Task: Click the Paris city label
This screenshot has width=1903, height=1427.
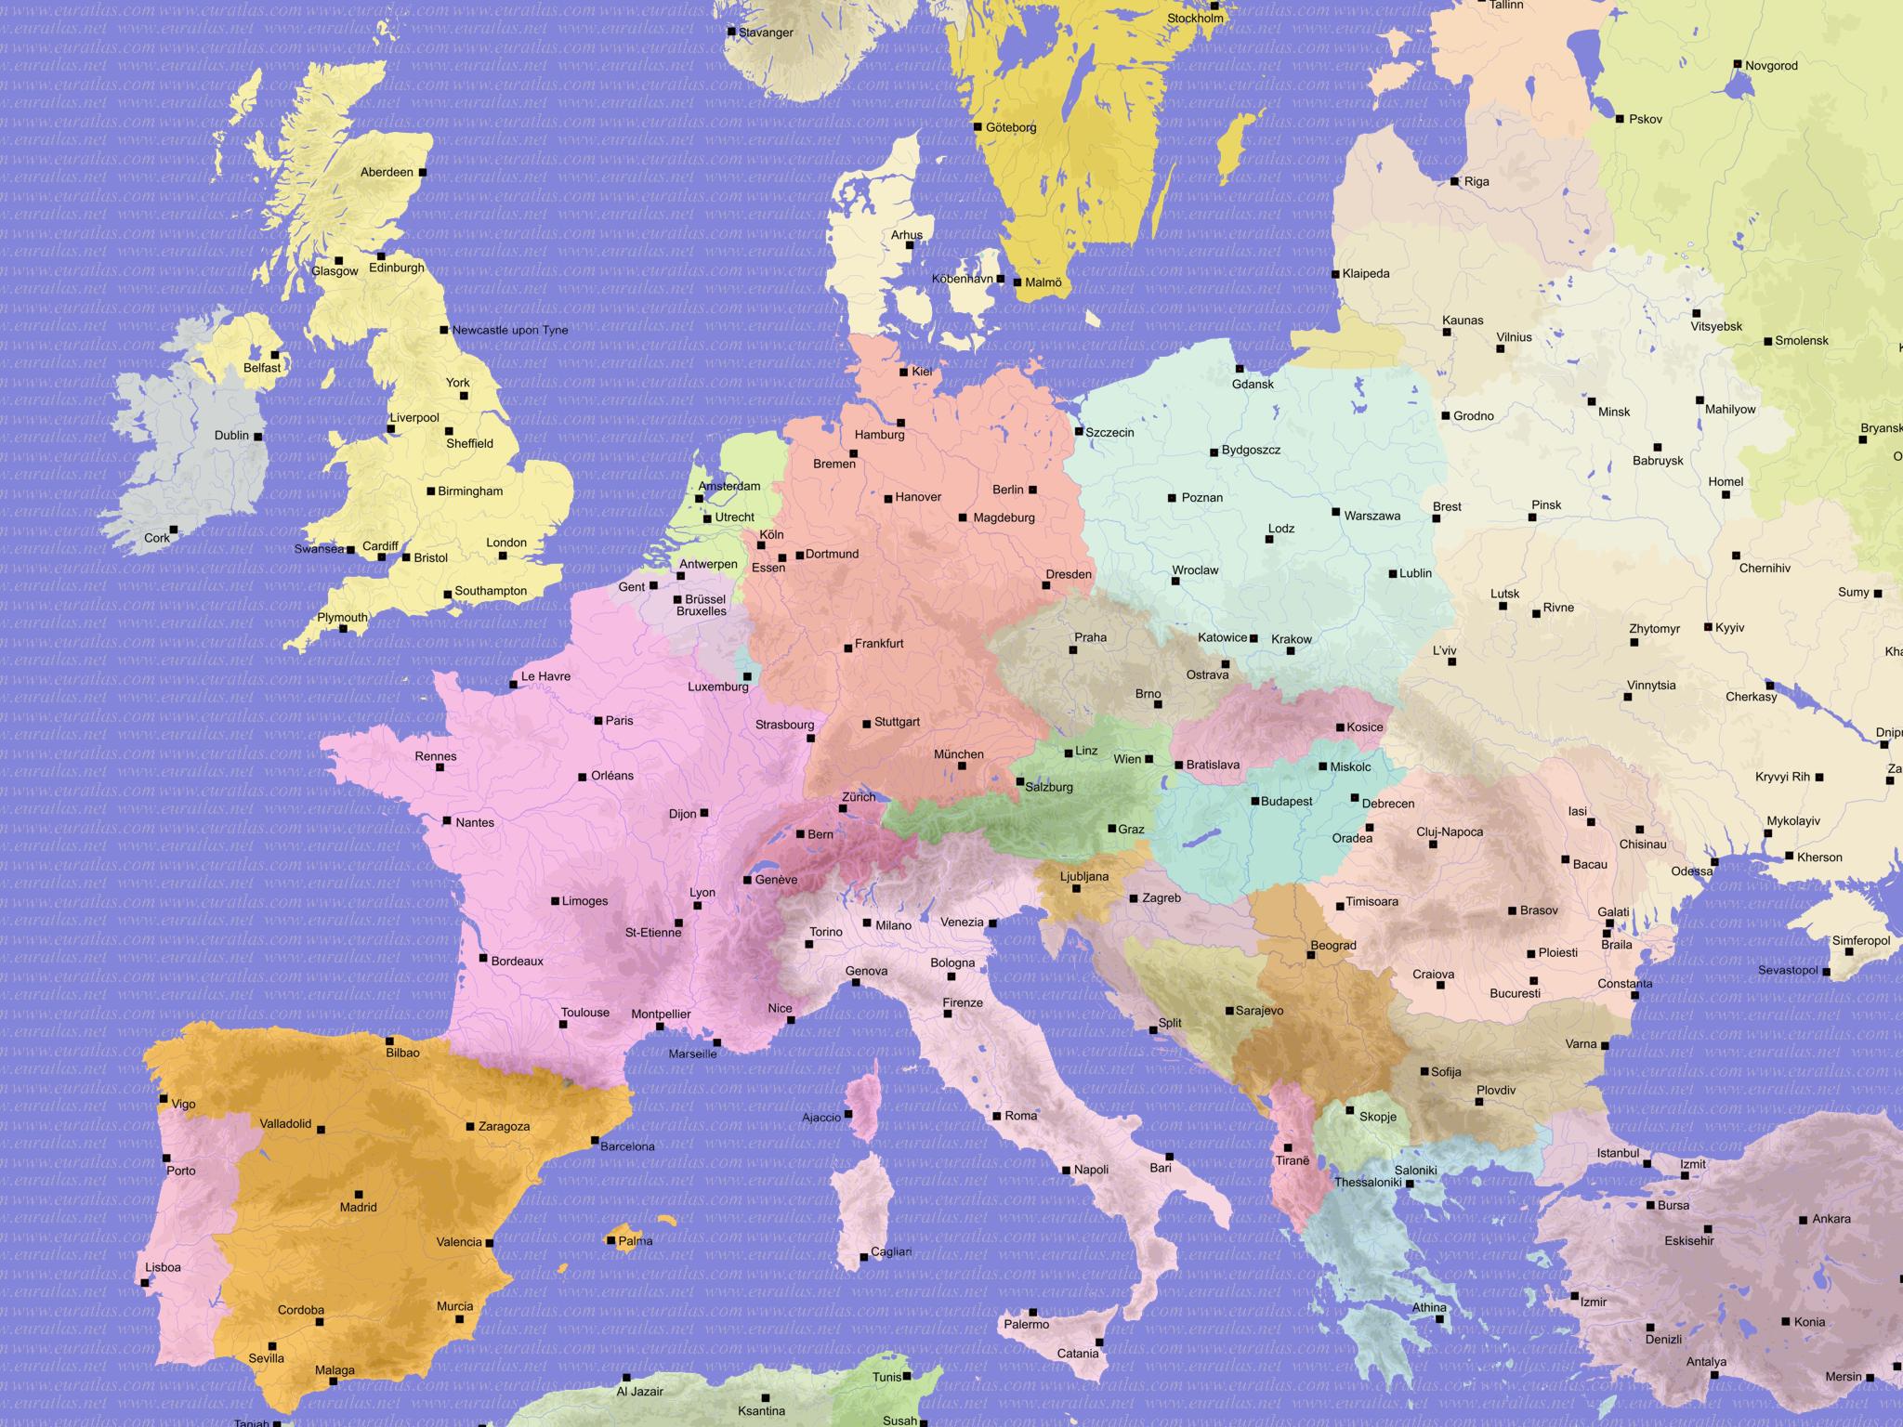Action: tap(619, 721)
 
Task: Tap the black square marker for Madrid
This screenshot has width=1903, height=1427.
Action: tap(359, 1195)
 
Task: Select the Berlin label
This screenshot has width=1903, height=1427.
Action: tap(1007, 490)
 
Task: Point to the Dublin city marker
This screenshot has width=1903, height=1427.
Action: tap(257, 437)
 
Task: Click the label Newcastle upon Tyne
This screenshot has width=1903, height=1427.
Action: tap(510, 330)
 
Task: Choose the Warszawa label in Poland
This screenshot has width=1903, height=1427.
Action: tap(1371, 516)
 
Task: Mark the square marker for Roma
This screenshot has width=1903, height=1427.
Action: tap(997, 1116)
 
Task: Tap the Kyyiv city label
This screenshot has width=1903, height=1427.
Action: tap(1729, 628)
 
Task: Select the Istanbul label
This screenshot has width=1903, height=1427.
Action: tap(1618, 1153)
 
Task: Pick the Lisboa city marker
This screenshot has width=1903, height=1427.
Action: tap(145, 1283)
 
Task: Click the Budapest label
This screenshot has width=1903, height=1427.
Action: tap(1286, 801)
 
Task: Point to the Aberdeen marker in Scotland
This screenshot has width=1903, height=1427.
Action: tap(423, 172)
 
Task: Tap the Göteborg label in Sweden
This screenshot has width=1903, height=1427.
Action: tap(1011, 127)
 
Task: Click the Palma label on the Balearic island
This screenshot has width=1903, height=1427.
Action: tap(636, 1241)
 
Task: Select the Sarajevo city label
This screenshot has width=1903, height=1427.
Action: tap(1259, 1011)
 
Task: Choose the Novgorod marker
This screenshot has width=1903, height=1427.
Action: tap(1737, 64)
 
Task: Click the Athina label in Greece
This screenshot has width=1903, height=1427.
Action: tap(1429, 1307)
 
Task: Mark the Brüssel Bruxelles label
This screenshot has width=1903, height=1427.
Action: tap(703, 605)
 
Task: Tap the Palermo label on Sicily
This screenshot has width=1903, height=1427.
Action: tap(1026, 1324)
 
